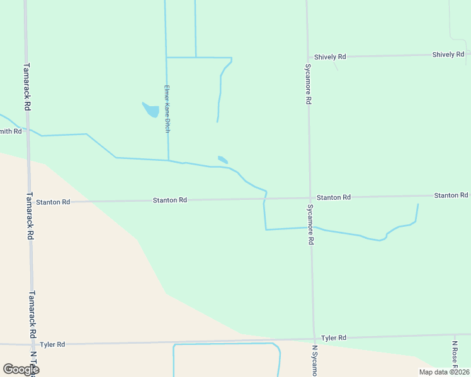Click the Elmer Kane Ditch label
[167, 108]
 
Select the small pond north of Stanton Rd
[223, 160]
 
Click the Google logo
[21, 369]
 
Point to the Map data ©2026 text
[443, 372]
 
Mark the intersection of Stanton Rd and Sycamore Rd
[310, 199]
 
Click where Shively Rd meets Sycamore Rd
[308, 57]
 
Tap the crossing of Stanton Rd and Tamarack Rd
[29, 202]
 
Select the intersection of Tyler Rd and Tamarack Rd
[31, 344]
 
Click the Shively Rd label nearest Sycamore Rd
[331, 57]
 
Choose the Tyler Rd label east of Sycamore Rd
[334, 338]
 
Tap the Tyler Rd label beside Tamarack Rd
[52, 344]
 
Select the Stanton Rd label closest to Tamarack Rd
[53, 202]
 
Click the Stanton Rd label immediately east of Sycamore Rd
[334, 197]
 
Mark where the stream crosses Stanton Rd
[264, 199]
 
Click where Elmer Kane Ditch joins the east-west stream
[168, 160]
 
